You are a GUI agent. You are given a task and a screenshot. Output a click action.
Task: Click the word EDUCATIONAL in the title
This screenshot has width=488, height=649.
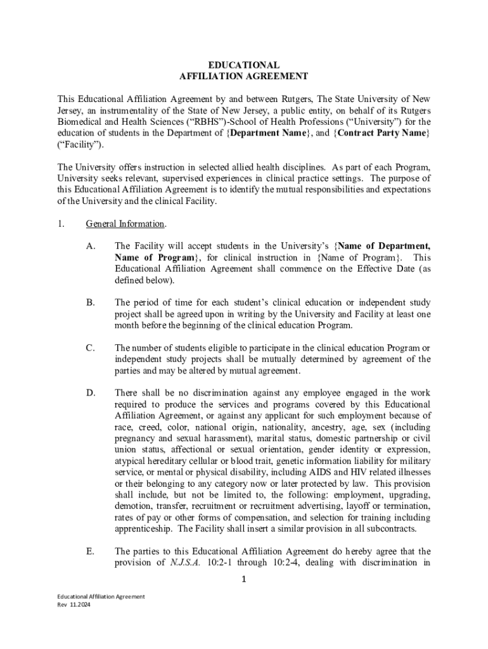click(244, 65)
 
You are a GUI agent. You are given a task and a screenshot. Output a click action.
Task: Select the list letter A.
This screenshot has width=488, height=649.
click(91, 246)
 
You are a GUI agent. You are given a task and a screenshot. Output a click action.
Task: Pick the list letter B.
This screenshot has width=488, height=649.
click(91, 303)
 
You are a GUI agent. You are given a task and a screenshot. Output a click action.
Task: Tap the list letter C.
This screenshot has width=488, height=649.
click(91, 348)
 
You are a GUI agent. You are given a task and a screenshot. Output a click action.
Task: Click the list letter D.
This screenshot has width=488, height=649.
click(91, 393)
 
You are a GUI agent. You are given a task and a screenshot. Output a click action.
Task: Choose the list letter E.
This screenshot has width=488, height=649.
click(91, 551)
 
